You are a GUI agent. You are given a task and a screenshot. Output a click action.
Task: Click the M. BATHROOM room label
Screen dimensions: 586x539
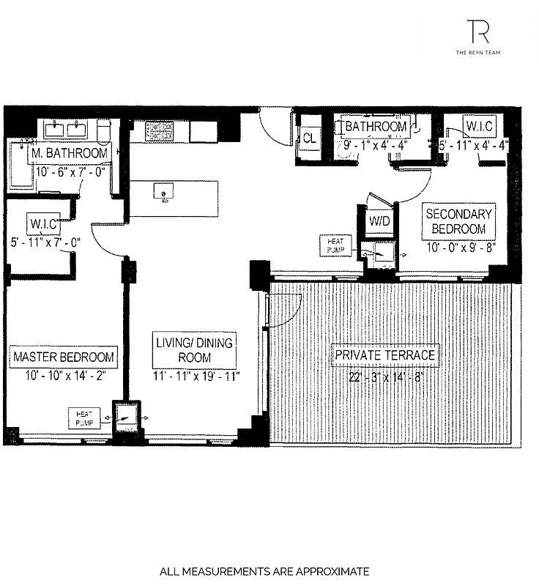point(70,154)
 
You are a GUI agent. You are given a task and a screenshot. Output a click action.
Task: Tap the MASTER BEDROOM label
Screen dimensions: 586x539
point(64,357)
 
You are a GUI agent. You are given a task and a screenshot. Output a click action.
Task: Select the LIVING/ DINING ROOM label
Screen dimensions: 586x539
point(194,350)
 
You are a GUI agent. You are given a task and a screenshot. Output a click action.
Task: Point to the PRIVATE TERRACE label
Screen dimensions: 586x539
point(385,355)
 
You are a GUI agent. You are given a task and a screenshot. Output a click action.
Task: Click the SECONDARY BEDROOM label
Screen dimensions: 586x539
point(460,221)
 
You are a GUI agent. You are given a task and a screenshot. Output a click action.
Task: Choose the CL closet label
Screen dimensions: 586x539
point(309,137)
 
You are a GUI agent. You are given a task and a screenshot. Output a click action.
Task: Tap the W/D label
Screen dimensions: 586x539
point(379,220)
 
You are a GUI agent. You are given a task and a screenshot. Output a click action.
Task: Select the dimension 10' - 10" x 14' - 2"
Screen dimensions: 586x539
point(64,377)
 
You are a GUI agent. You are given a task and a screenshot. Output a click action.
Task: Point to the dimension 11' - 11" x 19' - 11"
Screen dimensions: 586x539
point(195,377)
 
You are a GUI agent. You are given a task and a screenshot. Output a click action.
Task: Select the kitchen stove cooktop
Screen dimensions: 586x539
point(157,131)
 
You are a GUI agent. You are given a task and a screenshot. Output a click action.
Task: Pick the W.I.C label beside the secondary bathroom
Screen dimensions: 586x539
point(480,127)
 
